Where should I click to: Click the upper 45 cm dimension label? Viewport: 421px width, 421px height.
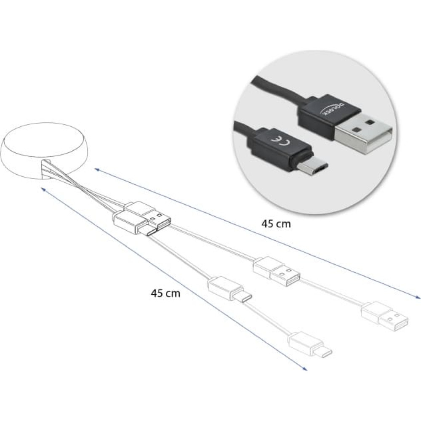pyautogui.click(x=276, y=224)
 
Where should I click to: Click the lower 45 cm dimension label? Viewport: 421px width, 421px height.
pyautogui.click(x=165, y=293)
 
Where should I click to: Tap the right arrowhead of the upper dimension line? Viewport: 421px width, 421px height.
pyautogui.click(x=418, y=297)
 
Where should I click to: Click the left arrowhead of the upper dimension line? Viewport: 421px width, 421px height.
pyautogui.click(x=97, y=169)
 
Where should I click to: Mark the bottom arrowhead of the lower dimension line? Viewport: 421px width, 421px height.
pyautogui.click(x=304, y=369)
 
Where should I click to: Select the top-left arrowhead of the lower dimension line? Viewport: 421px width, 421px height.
pyautogui.click(x=43, y=189)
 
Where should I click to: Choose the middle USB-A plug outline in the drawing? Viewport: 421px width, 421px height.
pyautogui.click(x=277, y=272)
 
